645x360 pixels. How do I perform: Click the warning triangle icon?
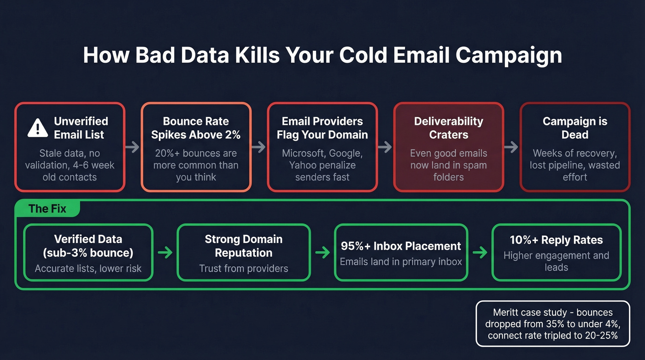click(x=38, y=128)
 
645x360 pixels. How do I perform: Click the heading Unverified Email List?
click(x=81, y=128)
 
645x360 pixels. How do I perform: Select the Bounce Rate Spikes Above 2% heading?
click(x=196, y=128)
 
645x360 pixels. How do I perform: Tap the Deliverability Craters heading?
click(x=448, y=128)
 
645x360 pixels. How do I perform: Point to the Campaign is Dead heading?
click(x=575, y=128)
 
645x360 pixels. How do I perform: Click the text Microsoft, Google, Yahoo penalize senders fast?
click(x=322, y=165)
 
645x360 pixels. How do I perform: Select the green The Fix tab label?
click(x=47, y=209)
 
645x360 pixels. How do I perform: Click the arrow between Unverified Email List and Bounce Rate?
click(x=133, y=147)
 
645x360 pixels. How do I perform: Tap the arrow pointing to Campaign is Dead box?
click(x=511, y=147)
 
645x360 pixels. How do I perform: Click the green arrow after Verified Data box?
click(x=165, y=253)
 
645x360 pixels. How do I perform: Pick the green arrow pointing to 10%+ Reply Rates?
click(x=480, y=253)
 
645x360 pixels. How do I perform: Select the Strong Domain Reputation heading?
click(x=244, y=246)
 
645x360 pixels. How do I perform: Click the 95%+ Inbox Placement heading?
click(x=401, y=246)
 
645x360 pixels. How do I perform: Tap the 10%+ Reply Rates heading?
click(x=556, y=240)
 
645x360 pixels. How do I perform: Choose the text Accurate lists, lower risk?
click(x=88, y=269)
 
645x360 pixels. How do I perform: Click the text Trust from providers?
click(x=244, y=269)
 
